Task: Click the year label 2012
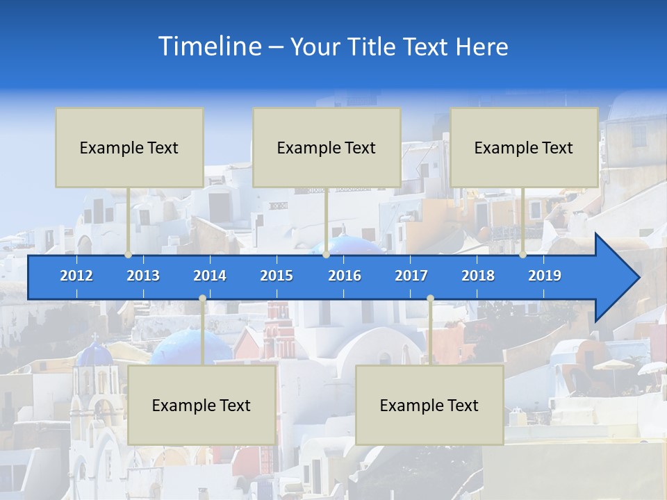(x=76, y=276)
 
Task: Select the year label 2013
(x=143, y=276)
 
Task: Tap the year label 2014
(x=210, y=276)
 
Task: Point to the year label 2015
(x=277, y=276)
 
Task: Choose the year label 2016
(x=345, y=276)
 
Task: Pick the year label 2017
(x=411, y=276)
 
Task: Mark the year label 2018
(x=478, y=276)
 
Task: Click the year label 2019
(x=545, y=276)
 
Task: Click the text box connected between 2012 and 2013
(x=129, y=147)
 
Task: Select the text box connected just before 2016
(x=327, y=147)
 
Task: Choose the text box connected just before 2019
(x=524, y=147)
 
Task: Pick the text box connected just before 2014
(x=201, y=405)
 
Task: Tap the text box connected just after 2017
(x=429, y=405)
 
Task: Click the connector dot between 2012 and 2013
(x=129, y=254)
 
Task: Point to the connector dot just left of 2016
(x=326, y=254)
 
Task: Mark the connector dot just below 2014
(x=202, y=299)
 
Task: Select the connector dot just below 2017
(x=430, y=299)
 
